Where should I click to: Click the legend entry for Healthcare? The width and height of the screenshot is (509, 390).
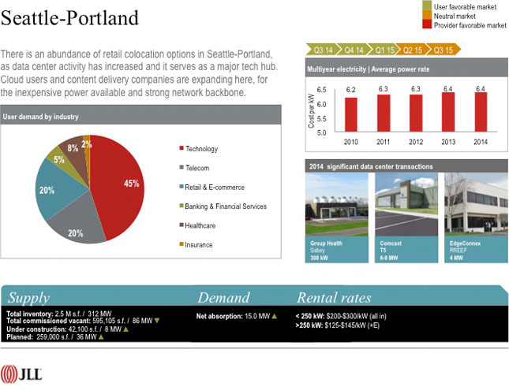(200, 225)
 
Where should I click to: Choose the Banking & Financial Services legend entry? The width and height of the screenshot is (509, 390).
(225, 206)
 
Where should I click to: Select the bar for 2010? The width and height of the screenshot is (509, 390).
(351, 113)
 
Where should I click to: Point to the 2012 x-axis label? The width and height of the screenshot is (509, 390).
(416, 142)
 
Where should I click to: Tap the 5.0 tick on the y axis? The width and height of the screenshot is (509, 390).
(321, 133)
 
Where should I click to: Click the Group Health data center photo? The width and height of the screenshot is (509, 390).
(336, 205)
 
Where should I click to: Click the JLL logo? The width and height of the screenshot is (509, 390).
(22, 373)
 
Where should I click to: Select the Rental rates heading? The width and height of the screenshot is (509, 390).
(333, 298)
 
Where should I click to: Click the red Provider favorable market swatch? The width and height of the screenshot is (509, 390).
(427, 25)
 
